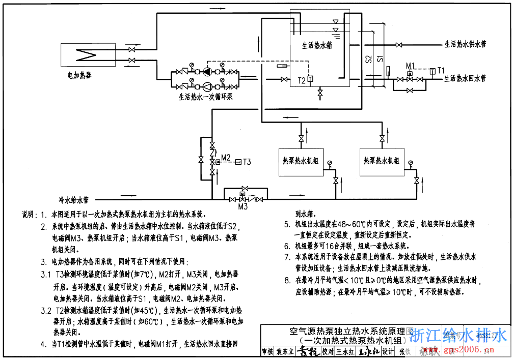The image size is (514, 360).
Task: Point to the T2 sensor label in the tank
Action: point(302,80)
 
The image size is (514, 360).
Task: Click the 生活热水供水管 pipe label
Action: point(465,45)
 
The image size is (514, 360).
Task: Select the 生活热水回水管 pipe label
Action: point(465,79)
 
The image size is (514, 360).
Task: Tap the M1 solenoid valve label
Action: point(410,66)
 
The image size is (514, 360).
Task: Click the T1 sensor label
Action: point(442,70)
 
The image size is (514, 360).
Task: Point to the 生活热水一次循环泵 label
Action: point(206,96)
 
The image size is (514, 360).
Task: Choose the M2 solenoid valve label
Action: point(226,156)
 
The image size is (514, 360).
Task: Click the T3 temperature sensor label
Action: point(247,162)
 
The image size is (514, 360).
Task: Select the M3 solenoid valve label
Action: point(243,206)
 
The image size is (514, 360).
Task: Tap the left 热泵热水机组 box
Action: point(301,162)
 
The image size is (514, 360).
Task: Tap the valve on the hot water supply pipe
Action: point(400,45)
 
